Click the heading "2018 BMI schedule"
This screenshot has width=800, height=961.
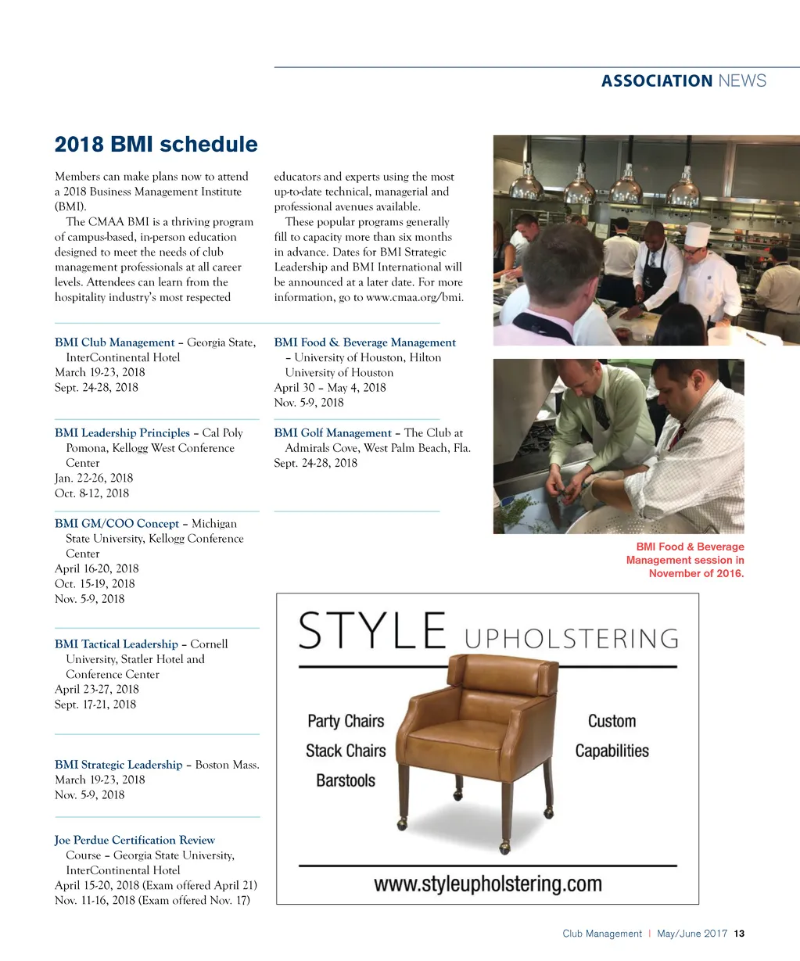(156, 145)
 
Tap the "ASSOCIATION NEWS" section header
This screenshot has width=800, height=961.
(683, 81)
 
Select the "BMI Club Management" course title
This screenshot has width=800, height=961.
(115, 342)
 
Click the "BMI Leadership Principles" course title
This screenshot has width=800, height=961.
(123, 433)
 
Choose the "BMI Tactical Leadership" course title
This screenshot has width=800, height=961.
(117, 644)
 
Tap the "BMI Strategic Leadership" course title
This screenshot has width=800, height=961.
(119, 765)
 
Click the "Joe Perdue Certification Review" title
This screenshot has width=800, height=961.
(135, 841)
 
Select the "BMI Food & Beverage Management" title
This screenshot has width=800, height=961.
(364, 342)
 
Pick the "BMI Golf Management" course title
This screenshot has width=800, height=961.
(332, 433)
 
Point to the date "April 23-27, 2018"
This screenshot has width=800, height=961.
(97, 690)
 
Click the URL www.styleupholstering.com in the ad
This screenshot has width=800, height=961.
(488, 884)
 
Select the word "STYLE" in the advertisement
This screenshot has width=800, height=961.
(372, 631)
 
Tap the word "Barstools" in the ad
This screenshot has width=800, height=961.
(346, 780)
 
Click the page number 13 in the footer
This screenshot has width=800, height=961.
(740, 934)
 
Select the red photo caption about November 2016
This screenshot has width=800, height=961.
(685, 561)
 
